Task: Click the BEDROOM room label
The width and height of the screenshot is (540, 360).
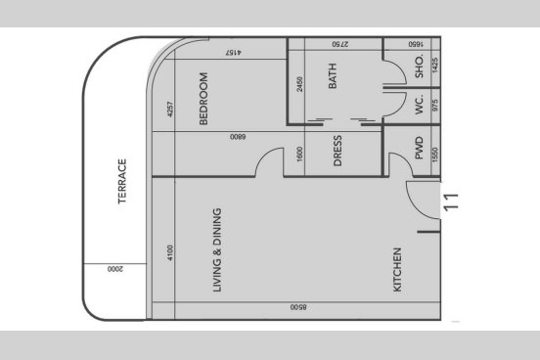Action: click(203, 99)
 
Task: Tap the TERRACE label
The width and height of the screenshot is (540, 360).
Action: click(122, 181)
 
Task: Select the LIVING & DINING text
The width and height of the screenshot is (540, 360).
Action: click(217, 250)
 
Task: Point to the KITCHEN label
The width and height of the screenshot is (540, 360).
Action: click(397, 270)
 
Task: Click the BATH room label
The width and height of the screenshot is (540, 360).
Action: click(333, 75)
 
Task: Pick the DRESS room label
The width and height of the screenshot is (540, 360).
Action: click(337, 151)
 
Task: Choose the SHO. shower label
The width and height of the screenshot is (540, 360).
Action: click(419, 67)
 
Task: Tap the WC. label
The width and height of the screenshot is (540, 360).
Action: click(419, 105)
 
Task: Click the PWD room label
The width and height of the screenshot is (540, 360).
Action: click(419, 148)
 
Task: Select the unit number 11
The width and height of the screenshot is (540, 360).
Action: click(451, 202)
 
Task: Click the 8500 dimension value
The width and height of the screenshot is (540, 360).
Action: click(298, 307)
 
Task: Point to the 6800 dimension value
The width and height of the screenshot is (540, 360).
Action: click(238, 137)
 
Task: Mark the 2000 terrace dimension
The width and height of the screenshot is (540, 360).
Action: click(114, 269)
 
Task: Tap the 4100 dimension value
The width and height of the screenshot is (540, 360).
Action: click(170, 252)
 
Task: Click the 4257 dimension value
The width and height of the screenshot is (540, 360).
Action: click(170, 109)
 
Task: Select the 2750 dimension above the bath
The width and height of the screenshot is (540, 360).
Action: click(340, 44)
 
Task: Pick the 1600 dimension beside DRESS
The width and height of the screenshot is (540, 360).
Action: click(299, 154)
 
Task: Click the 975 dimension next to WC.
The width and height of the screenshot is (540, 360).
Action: click(434, 106)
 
